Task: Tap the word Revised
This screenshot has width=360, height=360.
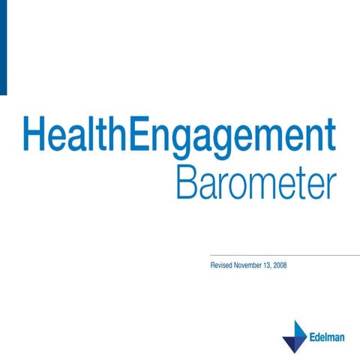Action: tap(223, 266)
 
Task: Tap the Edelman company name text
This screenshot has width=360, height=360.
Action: tap(328, 337)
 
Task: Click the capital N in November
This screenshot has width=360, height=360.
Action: tap(238, 266)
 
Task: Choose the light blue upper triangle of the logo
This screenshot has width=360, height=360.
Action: tap(299, 330)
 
